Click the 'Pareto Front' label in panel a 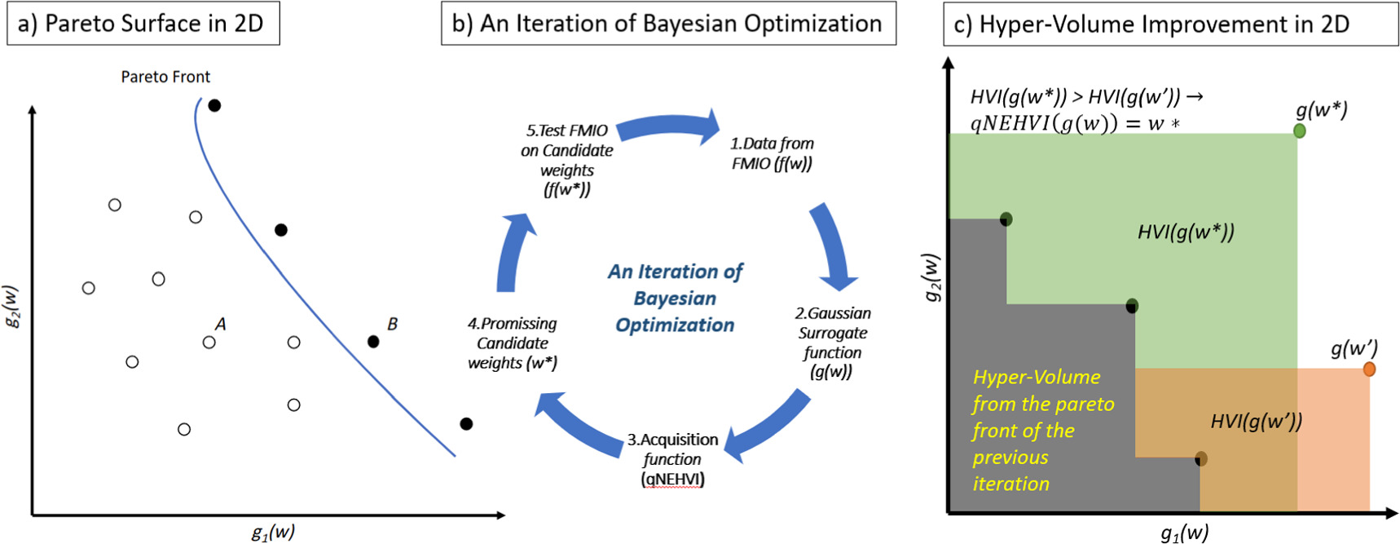coord(165,77)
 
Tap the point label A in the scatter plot coord(220,324)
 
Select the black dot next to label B coord(373,342)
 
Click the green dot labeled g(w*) coord(1300,130)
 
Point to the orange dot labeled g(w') coord(1369,369)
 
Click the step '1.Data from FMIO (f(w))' coord(772,153)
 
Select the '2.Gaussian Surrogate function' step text coord(832,343)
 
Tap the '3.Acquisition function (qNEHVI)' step coord(672,459)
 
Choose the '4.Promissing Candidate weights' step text coord(513,343)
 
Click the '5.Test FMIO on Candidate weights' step coord(567,160)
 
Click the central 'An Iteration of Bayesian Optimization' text coord(675,299)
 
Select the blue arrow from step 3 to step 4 coord(578,422)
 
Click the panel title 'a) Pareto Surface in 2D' coord(142,24)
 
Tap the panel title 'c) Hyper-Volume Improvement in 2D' coord(1151,24)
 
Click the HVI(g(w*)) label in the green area coord(1186,232)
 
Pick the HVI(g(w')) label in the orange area coord(1256,422)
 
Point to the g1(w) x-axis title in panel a coord(273,533)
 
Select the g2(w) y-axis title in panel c coord(932,277)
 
